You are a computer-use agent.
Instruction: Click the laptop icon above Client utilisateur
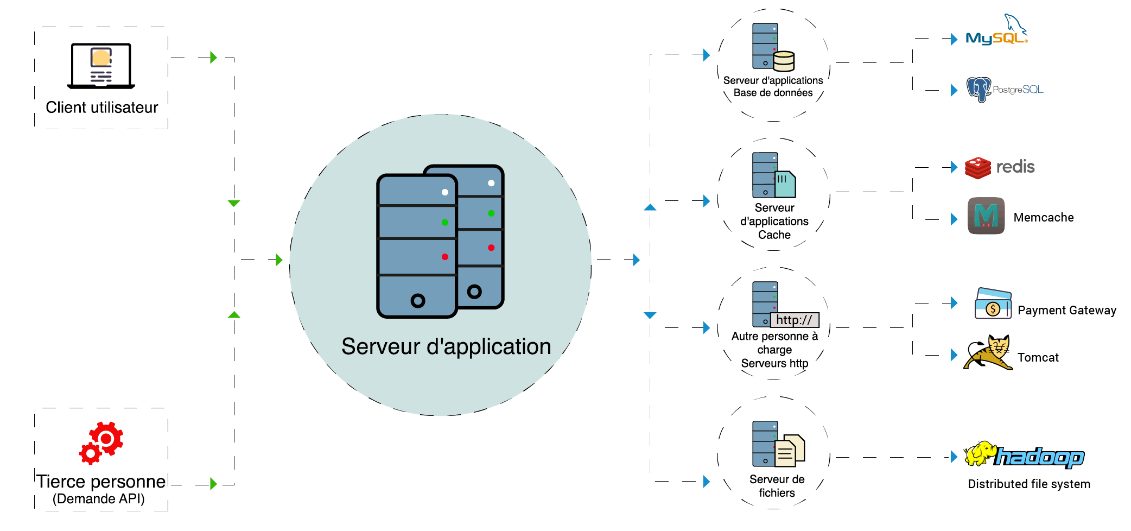click(x=101, y=66)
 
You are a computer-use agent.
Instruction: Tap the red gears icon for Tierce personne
click(x=101, y=442)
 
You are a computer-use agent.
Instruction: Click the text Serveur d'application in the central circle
click(x=446, y=346)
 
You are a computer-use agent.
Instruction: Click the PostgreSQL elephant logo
click(x=978, y=90)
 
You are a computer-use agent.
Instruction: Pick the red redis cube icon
click(x=978, y=168)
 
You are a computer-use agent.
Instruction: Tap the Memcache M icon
click(x=986, y=216)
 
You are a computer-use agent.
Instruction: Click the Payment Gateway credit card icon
click(x=993, y=304)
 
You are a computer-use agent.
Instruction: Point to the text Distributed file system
click(x=1029, y=484)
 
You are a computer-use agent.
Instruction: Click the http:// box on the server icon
click(x=794, y=320)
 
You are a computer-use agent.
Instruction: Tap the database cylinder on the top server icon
click(x=784, y=61)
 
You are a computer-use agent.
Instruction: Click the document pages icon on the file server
click(x=789, y=451)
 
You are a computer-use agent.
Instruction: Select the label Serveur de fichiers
click(x=777, y=486)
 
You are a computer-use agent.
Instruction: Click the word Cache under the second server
click(x=774, y=235)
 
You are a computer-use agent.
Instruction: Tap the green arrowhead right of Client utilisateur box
click(x=213, y=58)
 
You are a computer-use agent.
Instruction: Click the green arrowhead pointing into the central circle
click(x=279, y=260)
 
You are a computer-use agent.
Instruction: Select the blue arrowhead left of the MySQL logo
click(x=954, y=39)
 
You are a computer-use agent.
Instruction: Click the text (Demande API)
click(x=99, y=498)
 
